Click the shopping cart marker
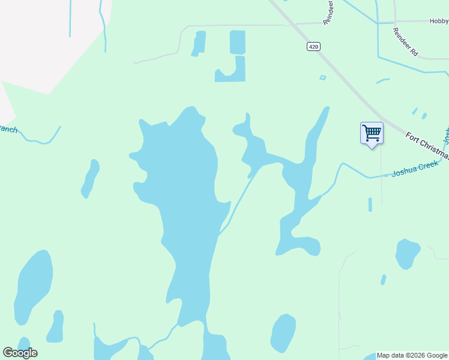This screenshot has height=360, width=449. [x=372, y=133]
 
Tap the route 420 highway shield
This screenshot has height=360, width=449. [x=313, y=47]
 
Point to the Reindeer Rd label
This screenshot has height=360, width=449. [x=405, y=42]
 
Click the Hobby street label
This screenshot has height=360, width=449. [x=439, y=21]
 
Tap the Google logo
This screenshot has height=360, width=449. [x=20, y=353]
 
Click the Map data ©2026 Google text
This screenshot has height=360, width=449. [x=412, y=356]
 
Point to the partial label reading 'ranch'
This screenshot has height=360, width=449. [x=7, y=129]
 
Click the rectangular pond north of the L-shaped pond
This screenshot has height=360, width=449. [x=238, y=42]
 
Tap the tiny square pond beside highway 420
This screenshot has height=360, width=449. [x=323, y=77]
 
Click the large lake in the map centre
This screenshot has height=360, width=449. [x=183, y=198]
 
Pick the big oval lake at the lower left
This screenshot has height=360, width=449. [x=33, y=285]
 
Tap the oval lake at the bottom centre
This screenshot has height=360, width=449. [x=283, y=333]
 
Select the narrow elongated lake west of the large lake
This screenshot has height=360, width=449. [x=90, y=179]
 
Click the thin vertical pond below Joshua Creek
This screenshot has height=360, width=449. [x=370, y=205]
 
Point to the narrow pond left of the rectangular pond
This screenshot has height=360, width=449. [x=199, y=43]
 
